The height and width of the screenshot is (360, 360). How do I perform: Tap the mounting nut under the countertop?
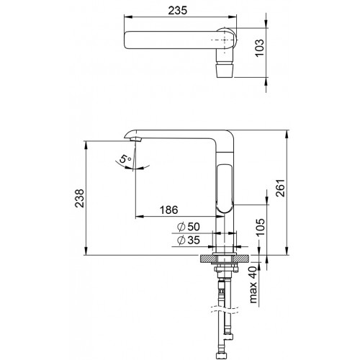click(x=225, y=269)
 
